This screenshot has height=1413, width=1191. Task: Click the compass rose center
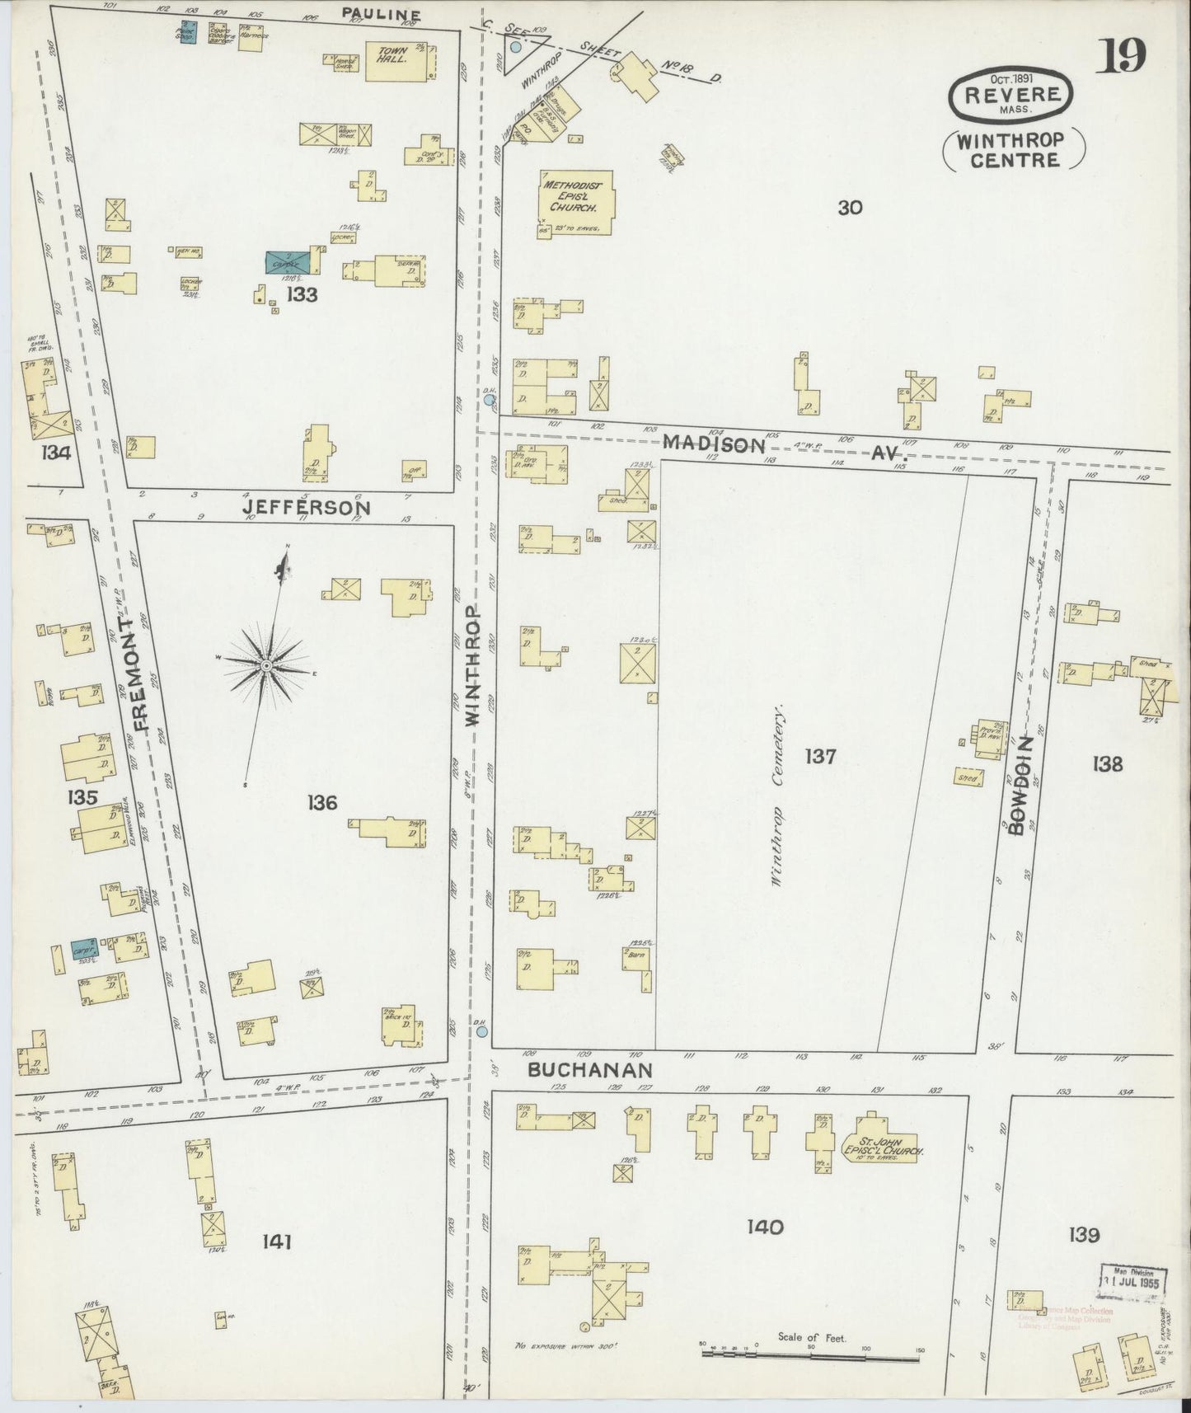pyautogui.click(x=267, y=664)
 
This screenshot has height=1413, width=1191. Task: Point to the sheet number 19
pyautogui.click(x=1120, y=56)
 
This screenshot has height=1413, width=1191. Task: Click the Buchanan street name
pyautogui.click(x=590, y=1070)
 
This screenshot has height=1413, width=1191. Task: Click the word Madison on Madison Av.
pyautogui.click(x=714, y=444)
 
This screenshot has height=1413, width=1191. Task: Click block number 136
pyautogui.click(x=321, y=801)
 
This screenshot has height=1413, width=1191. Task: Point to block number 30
pyautogui.click(x=850, y=208)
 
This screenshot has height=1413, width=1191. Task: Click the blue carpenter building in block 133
pyautogui.click(x=288, y=262)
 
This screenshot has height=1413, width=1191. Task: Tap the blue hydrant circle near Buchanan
pyautogui.click(x=481, y=1031)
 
